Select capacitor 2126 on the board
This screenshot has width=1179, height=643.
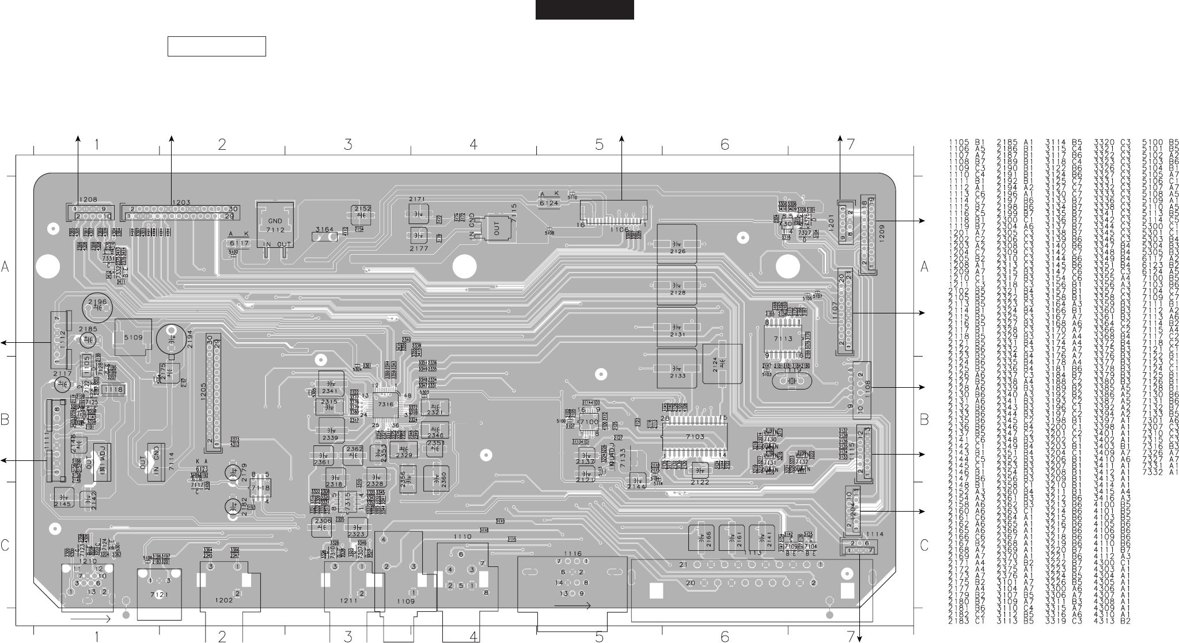point(677,243)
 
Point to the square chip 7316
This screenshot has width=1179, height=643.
point(385,404)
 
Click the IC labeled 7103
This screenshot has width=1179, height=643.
point(695,437)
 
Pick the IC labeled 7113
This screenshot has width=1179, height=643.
point(783,339)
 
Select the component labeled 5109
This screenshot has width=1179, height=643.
point(132,337)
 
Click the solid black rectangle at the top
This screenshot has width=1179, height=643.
point(584,9)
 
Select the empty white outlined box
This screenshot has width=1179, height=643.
point(217,46)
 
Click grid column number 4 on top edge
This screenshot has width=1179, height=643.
point(473,145)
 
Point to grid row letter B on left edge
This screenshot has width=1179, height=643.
point(5,420)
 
